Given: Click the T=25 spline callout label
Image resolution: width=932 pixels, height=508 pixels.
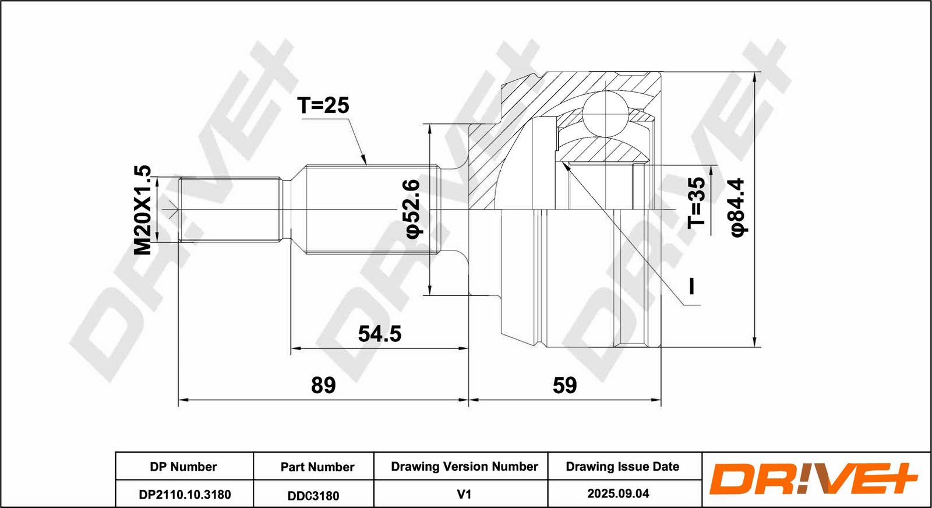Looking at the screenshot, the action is pyautogui.click(x=323, y=105).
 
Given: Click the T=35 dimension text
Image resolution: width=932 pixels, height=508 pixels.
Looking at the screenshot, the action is pyautogui.click(x=697, y=203).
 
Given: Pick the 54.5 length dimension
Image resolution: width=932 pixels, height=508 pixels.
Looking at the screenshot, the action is pyautogui.click(x=379, y=334).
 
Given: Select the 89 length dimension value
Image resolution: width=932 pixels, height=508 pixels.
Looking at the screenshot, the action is pyautogui.click(x=323, y=385).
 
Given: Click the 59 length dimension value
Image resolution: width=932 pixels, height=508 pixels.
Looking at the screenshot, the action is pyautogui.click(x=564, y=385).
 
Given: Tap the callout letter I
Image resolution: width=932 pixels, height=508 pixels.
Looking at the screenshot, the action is pyautogui.click(x=692, y=286).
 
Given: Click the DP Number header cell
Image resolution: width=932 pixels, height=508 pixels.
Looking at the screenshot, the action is pyautogui.click(x=183, y=467).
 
